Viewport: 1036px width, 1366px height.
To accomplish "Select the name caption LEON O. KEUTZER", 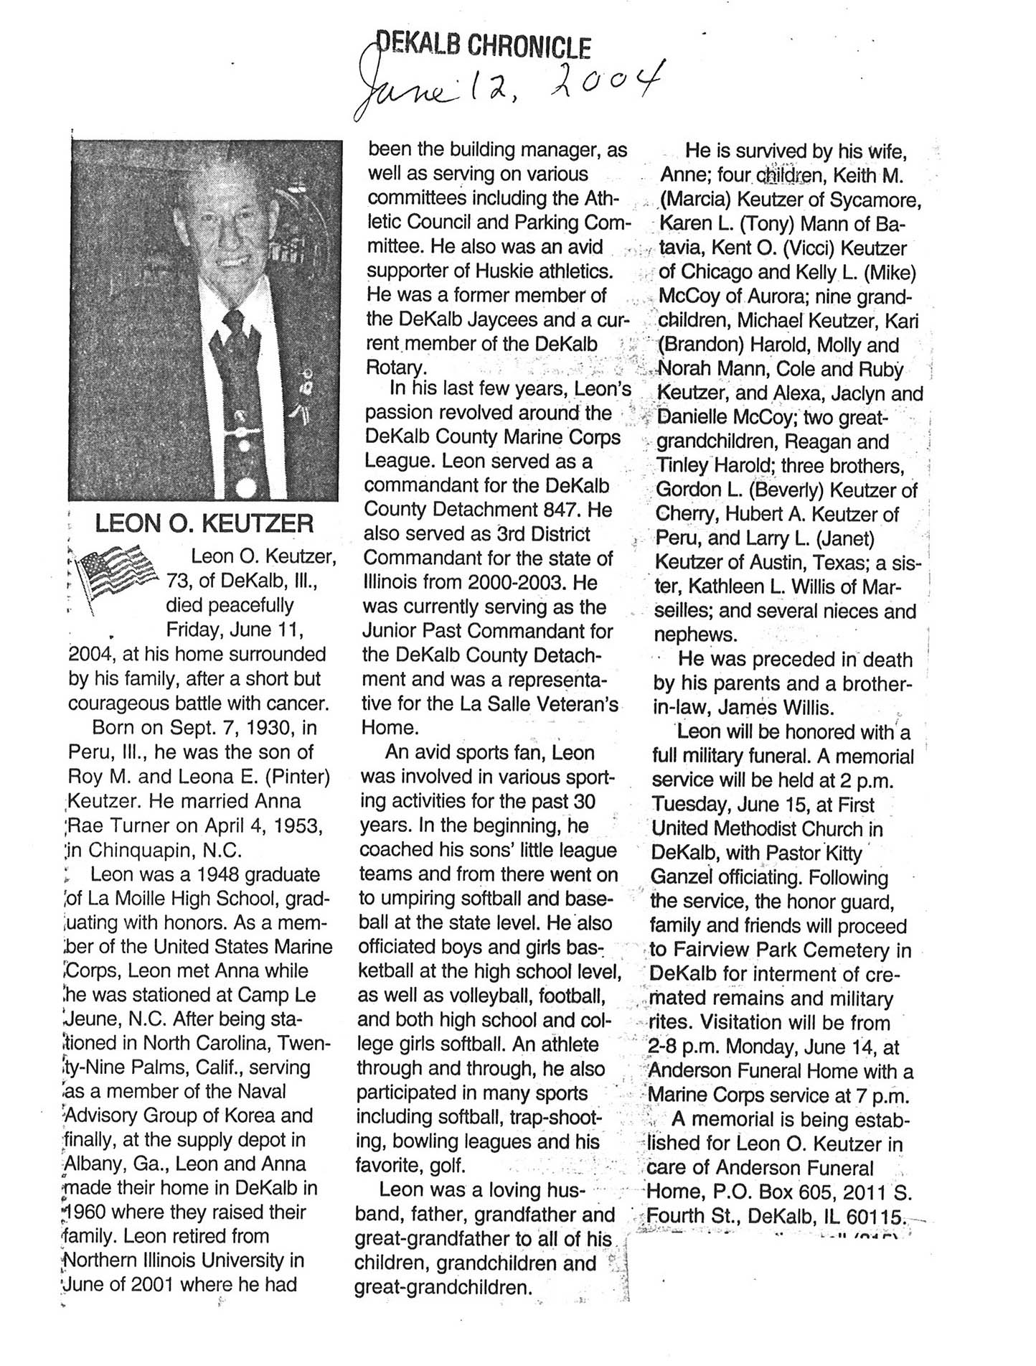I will tap(204, 523).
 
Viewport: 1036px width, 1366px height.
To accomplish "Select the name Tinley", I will tap(682, 466).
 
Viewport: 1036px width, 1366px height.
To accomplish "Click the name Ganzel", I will tap(681, 878).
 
